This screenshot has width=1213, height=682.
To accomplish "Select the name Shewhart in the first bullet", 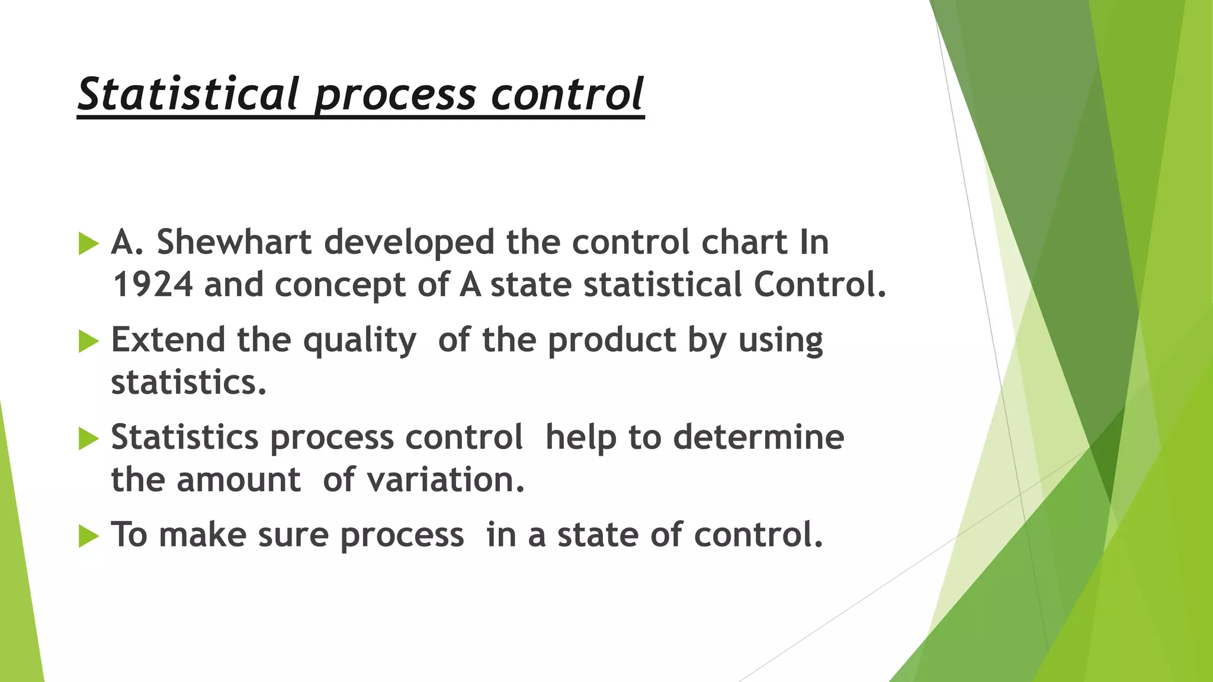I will [x=234, y=242].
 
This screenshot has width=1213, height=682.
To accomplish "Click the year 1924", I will [x=152, y=285].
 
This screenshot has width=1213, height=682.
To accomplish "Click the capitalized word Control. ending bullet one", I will [x=820, y=285].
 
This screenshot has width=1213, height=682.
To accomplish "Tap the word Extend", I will [x=168, y=340].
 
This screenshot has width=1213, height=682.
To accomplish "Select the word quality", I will [x=360, y=341].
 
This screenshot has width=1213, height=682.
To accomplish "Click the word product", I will [x=611, y=341].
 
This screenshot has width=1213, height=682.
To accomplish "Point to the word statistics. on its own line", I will [x=188, y=382].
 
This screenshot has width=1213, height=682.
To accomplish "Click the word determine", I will [x=759, y=437].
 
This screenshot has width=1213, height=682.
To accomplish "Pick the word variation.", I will [x=445, y=480].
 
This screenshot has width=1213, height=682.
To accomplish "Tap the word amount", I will [x=239, y=480].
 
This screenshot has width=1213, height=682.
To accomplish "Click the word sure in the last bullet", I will [x=293, y=535].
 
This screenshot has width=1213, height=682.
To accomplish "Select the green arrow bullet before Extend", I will [x=88, y=341].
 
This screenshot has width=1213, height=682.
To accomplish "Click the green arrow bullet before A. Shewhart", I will [x=88, y=243].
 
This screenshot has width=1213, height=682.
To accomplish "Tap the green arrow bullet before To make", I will [x=88, y=536].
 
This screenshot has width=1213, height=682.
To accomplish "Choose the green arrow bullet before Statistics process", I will [x=88, y=439].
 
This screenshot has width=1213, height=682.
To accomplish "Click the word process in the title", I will [x=395, y=95].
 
